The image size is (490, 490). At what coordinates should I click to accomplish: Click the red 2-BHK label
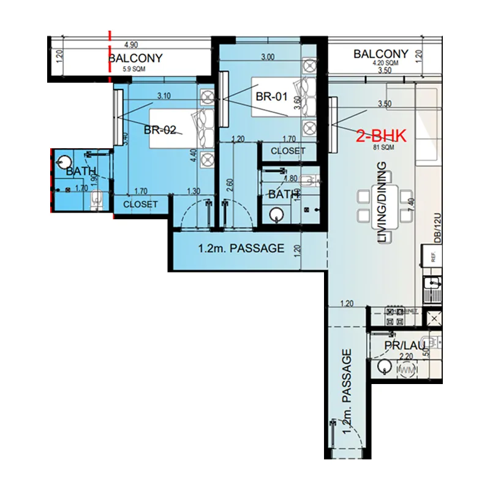(382, 135)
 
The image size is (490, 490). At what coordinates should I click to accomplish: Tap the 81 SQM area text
(383, 148)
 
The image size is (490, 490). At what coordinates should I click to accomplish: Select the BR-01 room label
(271, 96)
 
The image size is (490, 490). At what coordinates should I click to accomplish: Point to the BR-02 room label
(160, 130)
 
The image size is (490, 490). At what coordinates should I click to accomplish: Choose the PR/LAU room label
(404, 346)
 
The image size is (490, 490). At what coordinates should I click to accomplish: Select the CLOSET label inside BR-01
(288, 151)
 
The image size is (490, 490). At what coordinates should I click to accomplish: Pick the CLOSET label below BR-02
(140, 204)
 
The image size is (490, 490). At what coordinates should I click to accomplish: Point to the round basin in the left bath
(63, 162)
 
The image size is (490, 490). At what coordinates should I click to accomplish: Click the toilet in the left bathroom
(95, 200)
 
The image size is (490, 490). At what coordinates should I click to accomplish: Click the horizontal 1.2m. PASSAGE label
(241, 248)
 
